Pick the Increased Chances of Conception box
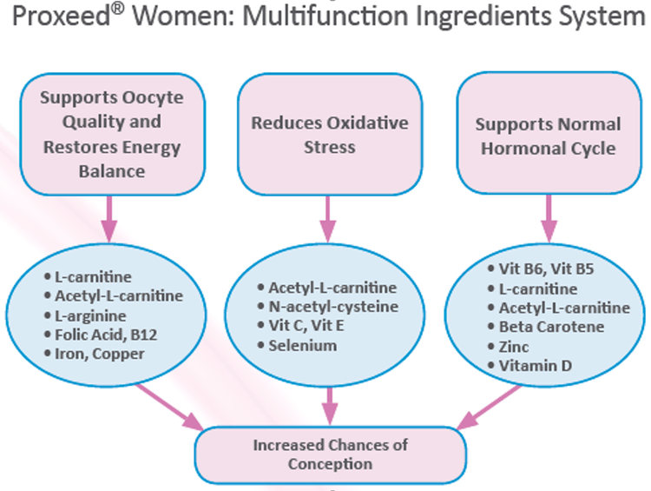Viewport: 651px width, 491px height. [x=330, y=454]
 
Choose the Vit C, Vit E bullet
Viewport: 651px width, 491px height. [x=311, y=326]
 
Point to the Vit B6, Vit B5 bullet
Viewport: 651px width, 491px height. [x=549, y=269]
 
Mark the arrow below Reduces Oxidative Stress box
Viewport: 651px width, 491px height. [x=329, y=217]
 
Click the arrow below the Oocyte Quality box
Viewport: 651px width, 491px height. [x=109, y=217]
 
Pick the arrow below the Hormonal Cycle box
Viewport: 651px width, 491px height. [x=547, y=217]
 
